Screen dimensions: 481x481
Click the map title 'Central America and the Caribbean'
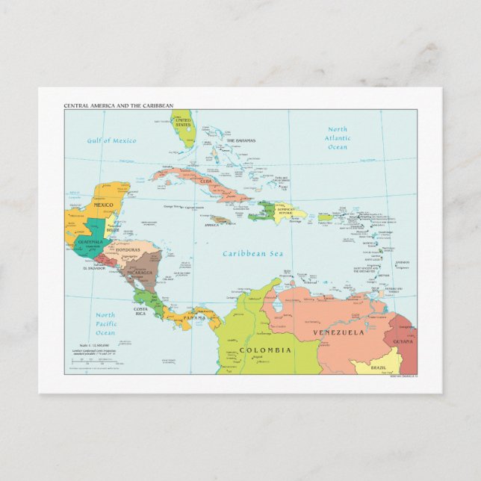[x=118, y=106]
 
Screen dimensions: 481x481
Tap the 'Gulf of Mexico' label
[x=111, y=140]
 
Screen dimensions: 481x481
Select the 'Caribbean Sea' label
[x=254, y=254]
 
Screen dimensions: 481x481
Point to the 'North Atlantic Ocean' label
[x=338, y=138]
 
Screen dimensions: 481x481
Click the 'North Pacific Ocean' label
[x=105, y=324]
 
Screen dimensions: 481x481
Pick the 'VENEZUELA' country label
[x=338, y=332]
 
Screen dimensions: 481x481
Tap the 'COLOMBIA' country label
[x=265, y=350]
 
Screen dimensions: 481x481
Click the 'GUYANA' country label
[x=403, y=341]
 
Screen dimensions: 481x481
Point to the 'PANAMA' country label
[x=194, y=318]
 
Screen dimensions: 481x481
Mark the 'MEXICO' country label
[x=103, y=205]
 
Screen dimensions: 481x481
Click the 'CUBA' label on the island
[x=205, y=181]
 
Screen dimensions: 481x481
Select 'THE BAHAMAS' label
[x=241, y=140]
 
